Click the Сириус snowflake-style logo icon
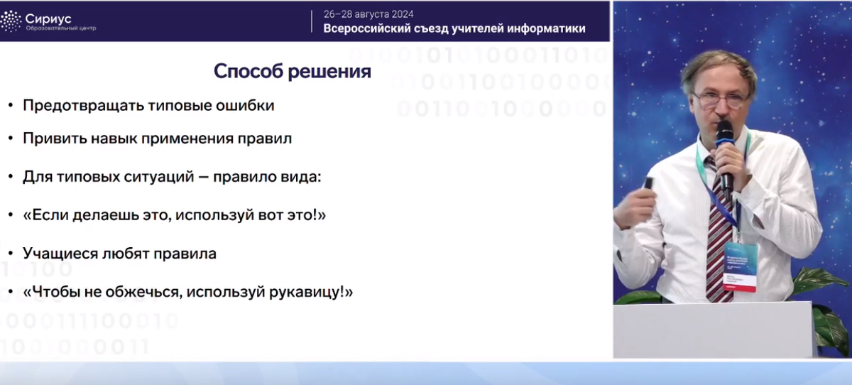[11, 21]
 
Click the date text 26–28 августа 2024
[368, 14]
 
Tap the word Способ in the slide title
[248, 71]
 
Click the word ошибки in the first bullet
[245, 105]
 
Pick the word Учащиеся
[60, 254]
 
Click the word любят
[125, 254]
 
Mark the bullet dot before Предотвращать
[11, 105]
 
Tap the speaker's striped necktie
[718, 232]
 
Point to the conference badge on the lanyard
[739, 268]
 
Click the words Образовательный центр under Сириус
[61, 28]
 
